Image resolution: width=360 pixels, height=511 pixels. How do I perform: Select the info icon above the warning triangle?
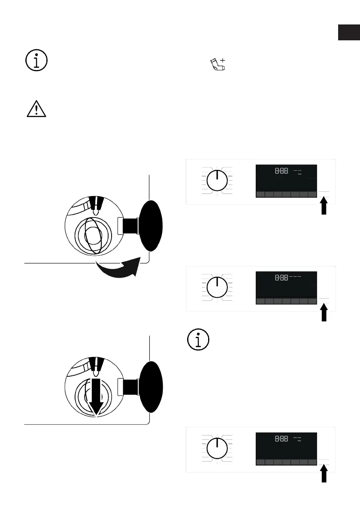point(36,61)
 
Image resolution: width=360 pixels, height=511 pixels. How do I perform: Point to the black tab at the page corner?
point(348,32)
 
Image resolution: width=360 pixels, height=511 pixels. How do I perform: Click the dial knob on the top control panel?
point(217,181)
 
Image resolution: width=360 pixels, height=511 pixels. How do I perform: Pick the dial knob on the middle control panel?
point(217,287)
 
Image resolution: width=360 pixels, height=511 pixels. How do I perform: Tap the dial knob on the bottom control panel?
point(217,449)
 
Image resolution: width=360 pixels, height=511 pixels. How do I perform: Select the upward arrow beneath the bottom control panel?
point(324,475)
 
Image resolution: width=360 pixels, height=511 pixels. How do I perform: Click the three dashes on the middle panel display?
point(295,277)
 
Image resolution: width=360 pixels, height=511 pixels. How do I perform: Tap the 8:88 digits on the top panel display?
point(281,171)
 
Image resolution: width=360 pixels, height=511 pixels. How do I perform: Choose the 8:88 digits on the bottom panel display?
point(281,439)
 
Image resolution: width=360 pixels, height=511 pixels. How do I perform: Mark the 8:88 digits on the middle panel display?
point(281,278)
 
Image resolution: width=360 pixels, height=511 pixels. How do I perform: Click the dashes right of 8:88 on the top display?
point(297,172)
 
